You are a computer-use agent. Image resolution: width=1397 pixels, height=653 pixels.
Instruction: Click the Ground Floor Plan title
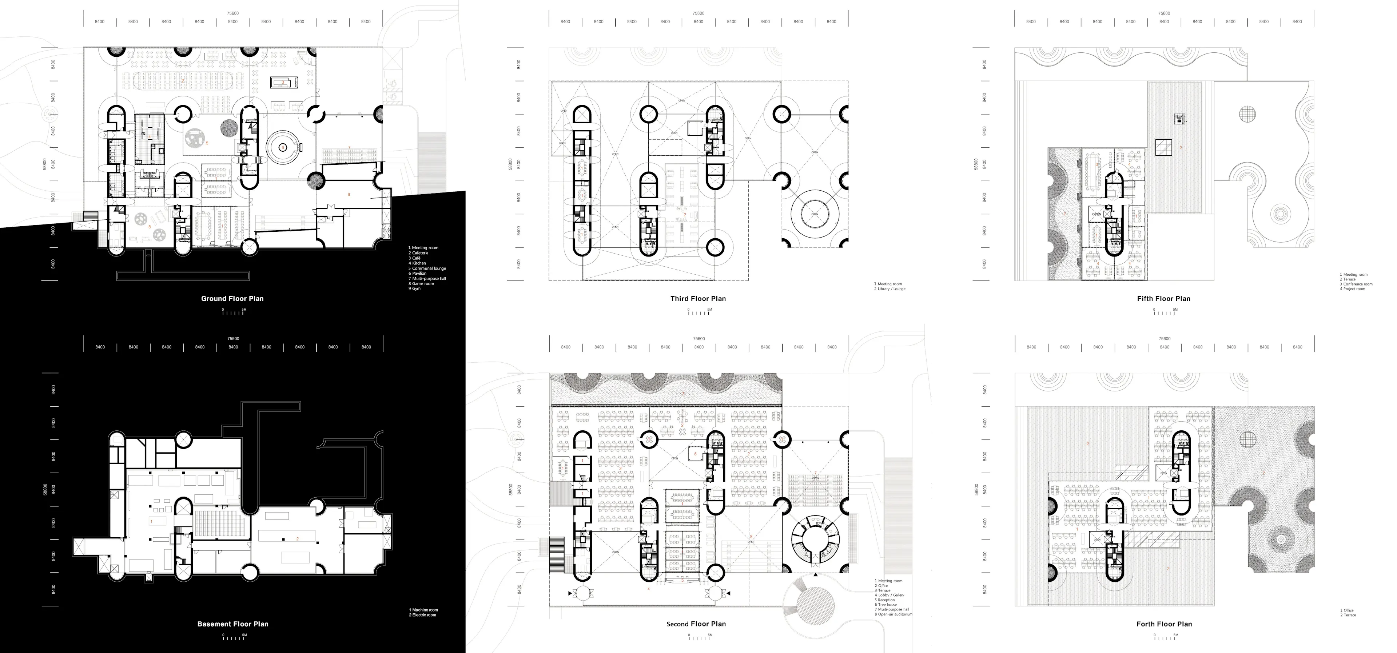click(232, 298)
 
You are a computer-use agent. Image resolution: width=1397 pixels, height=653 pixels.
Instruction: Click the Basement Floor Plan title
click(233, 624)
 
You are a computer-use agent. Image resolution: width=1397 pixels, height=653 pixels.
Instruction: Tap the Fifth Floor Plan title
click(1163, 298)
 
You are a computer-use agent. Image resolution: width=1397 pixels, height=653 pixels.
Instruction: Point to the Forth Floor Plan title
click(1164, 624)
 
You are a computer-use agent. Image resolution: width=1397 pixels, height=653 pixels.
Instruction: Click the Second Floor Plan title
click(696, 624)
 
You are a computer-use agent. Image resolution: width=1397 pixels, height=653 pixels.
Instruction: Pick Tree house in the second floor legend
click(887, 605)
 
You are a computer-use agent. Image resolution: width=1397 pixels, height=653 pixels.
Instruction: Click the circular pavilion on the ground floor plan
click(283, 147)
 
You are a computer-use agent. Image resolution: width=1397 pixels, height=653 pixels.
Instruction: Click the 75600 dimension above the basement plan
click(233, 338)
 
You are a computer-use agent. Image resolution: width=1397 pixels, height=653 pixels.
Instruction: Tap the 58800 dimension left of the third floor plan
click(510, 164)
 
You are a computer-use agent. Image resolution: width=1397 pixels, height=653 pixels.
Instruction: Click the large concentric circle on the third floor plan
click(815, 214)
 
